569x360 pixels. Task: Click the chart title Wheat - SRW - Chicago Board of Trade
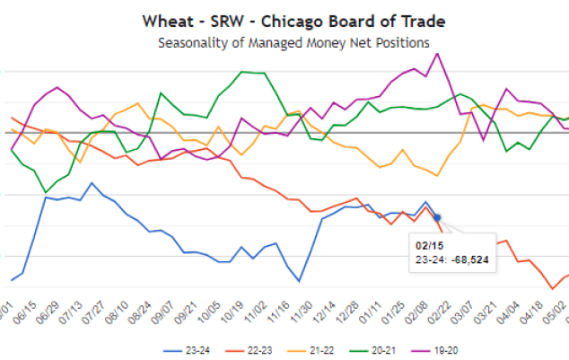point(284,21)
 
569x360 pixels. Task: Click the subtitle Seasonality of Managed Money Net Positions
point(284,42)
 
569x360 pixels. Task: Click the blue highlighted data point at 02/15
point(437,216)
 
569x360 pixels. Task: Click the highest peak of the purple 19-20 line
point(437,53)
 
